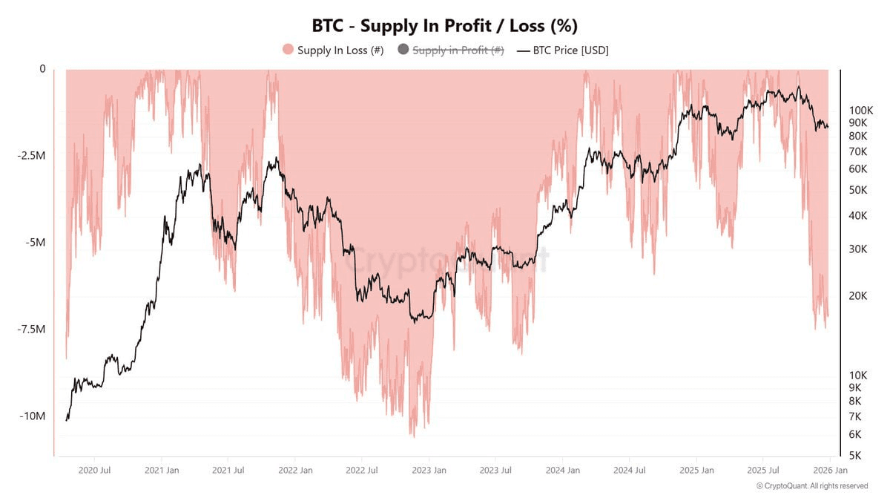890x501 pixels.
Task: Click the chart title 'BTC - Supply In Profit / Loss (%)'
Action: click(445, 25)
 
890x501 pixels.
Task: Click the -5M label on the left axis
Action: click(34, 243)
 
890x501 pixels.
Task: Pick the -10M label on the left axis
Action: click(33, 416)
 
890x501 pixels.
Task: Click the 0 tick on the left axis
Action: click(42, 69)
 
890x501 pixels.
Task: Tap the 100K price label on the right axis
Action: click(862, 110)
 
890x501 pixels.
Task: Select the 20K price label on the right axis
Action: click(857, 296)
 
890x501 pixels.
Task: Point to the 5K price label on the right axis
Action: click(854, 456)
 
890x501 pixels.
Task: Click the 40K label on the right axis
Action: click(857, 216)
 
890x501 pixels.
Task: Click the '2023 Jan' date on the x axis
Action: click(429, 470)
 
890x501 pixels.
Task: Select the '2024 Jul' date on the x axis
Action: click(630, 470)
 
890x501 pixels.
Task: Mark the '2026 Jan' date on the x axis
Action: click(831, 470)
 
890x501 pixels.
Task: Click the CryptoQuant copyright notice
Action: click(812, 486)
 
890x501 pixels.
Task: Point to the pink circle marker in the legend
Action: click(289, 50)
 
